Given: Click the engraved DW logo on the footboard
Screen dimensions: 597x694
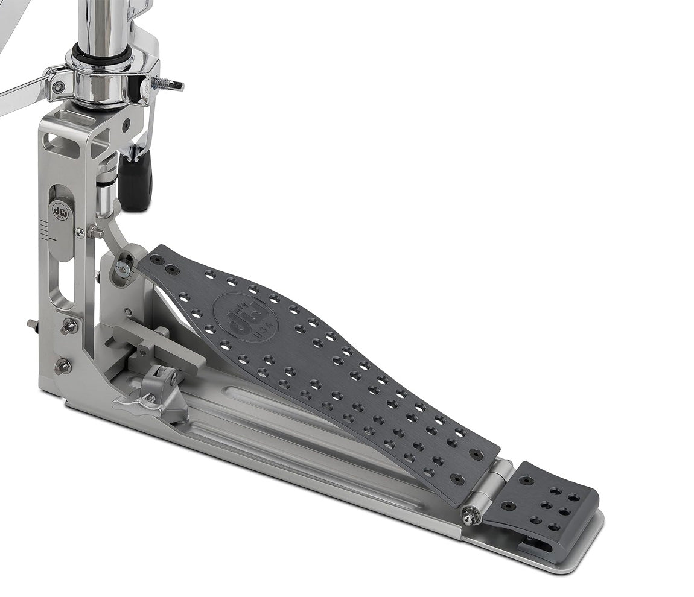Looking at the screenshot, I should pyautogui.click(x=245, y=318).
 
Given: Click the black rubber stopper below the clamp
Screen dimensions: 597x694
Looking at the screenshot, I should pyautogui.click(x=135, y=180).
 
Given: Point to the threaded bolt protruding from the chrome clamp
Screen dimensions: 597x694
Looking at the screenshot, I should pyautogui.click(x=167, y=84).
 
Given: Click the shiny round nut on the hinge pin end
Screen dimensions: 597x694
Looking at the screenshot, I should pyautogui.click(x=468, y=515).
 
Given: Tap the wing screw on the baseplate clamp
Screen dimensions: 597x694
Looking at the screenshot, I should pyautogui.click(x=139, y=403).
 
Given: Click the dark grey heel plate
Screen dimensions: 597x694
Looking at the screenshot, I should pyautogui.click(x=543, y=501).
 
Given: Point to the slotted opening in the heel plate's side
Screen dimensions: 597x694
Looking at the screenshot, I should pyautogui.click(x=537, y=546).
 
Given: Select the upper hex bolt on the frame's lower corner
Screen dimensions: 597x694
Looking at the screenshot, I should pyautogui.click(x=70, y=326).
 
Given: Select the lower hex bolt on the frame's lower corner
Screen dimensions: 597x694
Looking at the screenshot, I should pyautogui.click(x=63, y=365).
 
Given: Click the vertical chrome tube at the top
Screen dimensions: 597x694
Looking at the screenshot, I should pyautogui.click(x=101, y=21).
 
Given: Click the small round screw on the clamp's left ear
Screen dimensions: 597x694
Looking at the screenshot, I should pyautogui.click(x=58, y=87).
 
